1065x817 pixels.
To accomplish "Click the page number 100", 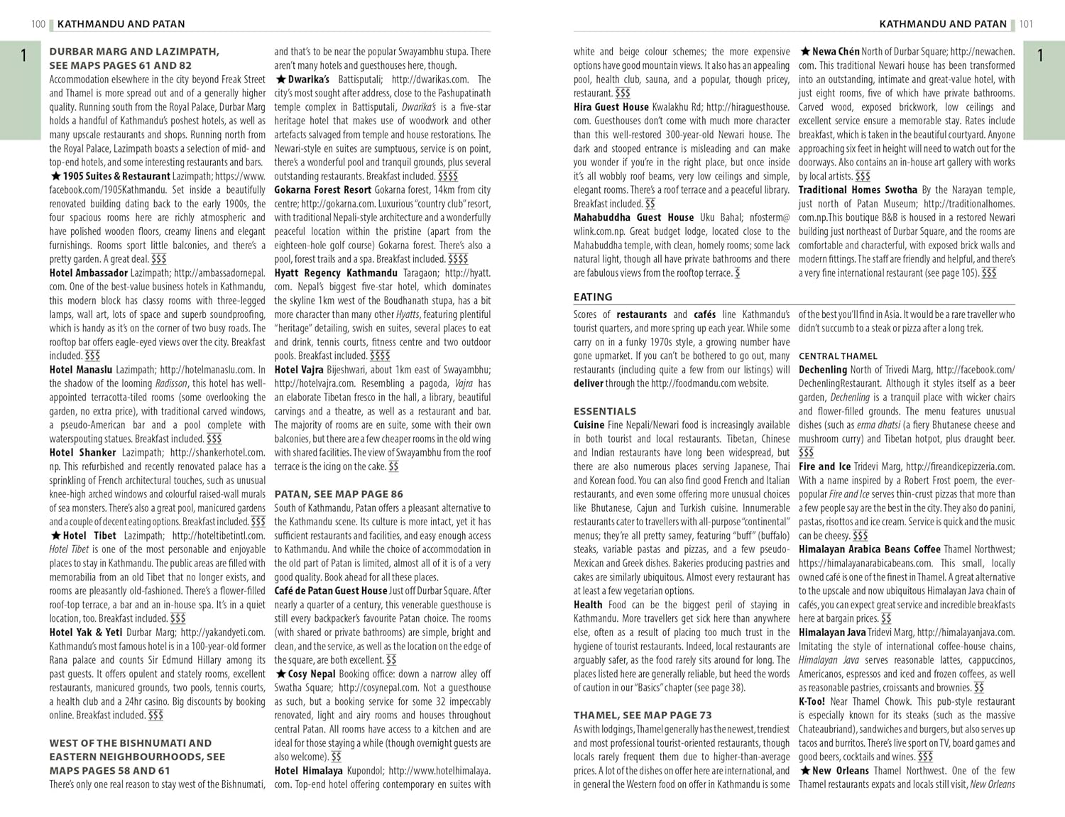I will pos(38,24).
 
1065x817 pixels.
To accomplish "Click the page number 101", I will pos(1026,24).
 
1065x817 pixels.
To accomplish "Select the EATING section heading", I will pos(593,297).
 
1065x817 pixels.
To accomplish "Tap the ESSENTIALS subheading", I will pos(605,411).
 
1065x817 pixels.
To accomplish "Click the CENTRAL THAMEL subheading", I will pos(838,356).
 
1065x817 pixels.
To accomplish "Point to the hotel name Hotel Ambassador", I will pos(89,273).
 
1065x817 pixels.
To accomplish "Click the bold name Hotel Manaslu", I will pos(81,370).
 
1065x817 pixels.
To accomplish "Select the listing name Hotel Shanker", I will pos(82,453).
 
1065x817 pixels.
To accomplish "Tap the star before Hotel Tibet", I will pos(55,536).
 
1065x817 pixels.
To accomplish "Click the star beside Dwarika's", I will pos(280,79).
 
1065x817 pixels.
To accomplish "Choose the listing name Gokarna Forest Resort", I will pos(323,190).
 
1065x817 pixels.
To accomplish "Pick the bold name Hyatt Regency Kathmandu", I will pos(336,273).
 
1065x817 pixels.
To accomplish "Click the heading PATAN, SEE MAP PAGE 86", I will pos(339,494).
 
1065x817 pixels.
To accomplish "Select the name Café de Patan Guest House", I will pos(331,591).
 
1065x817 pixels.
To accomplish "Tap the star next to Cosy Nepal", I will pos(280,674).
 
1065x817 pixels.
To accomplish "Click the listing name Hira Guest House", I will pos(611,107).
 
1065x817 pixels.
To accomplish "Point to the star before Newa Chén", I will pos(805,52).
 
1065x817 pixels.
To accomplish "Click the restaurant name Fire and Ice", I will pos(824,467).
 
